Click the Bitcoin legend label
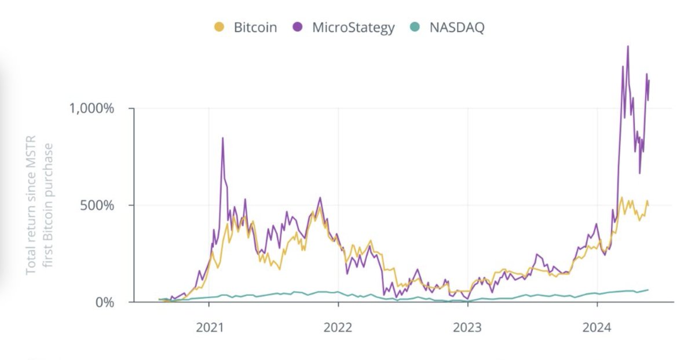[255, 27]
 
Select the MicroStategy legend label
[353, 27]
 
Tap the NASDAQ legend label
[456, 27]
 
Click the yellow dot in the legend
[219, 27]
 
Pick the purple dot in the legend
[298, 27]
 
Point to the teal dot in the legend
[415, 27]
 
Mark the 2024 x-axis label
[597, 328]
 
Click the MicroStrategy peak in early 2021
[223, 138]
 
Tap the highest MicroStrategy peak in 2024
[628, 46]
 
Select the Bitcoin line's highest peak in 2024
[621, 198]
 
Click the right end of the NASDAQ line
[648, 289]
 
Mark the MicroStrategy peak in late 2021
[320, 198]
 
